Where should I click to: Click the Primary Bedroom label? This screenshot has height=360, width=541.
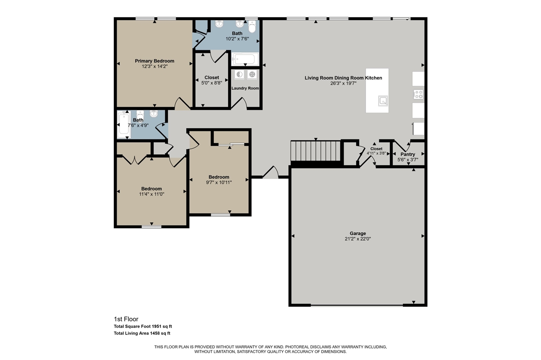click(x=154, y=61)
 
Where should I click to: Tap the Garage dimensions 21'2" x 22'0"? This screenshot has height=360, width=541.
click(x=358, y=239)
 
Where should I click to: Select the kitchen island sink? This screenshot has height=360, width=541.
click(x=383, y=101)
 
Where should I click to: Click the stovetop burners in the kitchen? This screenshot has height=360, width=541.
click(x=418, y=94)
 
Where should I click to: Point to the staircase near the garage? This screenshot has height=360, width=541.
click(x=315, y=151)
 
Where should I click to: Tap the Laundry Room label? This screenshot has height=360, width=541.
click(x=245, y=88)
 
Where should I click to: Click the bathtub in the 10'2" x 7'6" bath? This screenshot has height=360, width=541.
click(x=245, y=59)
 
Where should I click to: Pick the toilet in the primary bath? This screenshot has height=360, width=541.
click(x=252, y=27)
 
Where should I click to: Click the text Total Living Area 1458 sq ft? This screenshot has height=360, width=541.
click(x=142, y=333)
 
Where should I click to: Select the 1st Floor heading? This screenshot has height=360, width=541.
click(x=126, y=319)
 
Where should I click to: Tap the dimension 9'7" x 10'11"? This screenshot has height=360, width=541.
click(x=219, y=182)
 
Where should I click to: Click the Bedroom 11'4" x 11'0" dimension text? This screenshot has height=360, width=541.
click(x=151, y=194)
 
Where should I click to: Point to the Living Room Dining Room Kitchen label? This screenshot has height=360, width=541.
click(x=343, y=78)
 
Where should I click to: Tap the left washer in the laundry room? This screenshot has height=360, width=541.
click(x=240, y=75)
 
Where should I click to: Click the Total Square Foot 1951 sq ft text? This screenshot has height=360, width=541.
click(x=143, y=326)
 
